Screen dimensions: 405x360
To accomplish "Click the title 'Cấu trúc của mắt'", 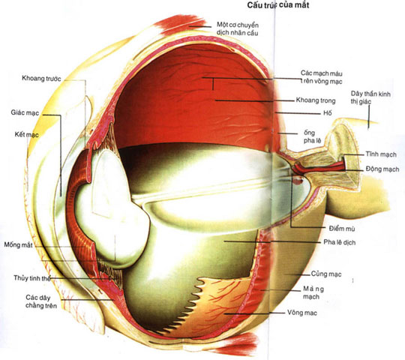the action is tap(278, 5).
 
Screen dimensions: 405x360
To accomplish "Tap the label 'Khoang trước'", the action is tap(41, 78).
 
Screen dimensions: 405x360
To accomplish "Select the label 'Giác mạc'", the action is tap(25, 112).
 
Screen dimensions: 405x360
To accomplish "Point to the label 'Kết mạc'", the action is tap(26, 134).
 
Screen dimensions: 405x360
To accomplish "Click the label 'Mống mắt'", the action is tap(18, 244).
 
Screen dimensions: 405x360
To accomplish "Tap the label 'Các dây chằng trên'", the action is tap(41, 301).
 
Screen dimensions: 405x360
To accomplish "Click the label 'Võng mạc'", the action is tap(302, 313).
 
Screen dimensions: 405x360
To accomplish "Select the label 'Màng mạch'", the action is tap(313, 292).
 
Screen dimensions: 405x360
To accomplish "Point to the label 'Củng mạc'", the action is tap(326, 274).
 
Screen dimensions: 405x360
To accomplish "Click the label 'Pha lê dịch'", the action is tap(340, 242).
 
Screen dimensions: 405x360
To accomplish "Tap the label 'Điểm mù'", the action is tap(342, 228).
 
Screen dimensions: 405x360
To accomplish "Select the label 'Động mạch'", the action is tap(382, 169).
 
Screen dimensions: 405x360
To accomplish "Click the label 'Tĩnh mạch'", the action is tap(381, 154).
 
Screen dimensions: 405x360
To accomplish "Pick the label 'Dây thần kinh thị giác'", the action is tap(370, 97).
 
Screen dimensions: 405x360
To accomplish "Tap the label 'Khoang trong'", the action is tap(316, 100).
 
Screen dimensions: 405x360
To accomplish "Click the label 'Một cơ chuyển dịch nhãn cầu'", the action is tap(238, 29).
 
